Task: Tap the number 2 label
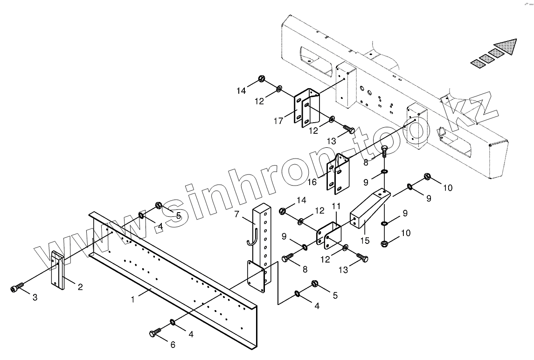coord(80,287)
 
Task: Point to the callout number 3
coord(35,297)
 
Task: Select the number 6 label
coord(173,345)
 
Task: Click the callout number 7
coord(236,214)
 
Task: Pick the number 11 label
coord(336,206)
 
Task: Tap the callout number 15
coord(365,241)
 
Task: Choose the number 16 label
coord(312,181)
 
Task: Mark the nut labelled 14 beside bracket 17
coord(262,79)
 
